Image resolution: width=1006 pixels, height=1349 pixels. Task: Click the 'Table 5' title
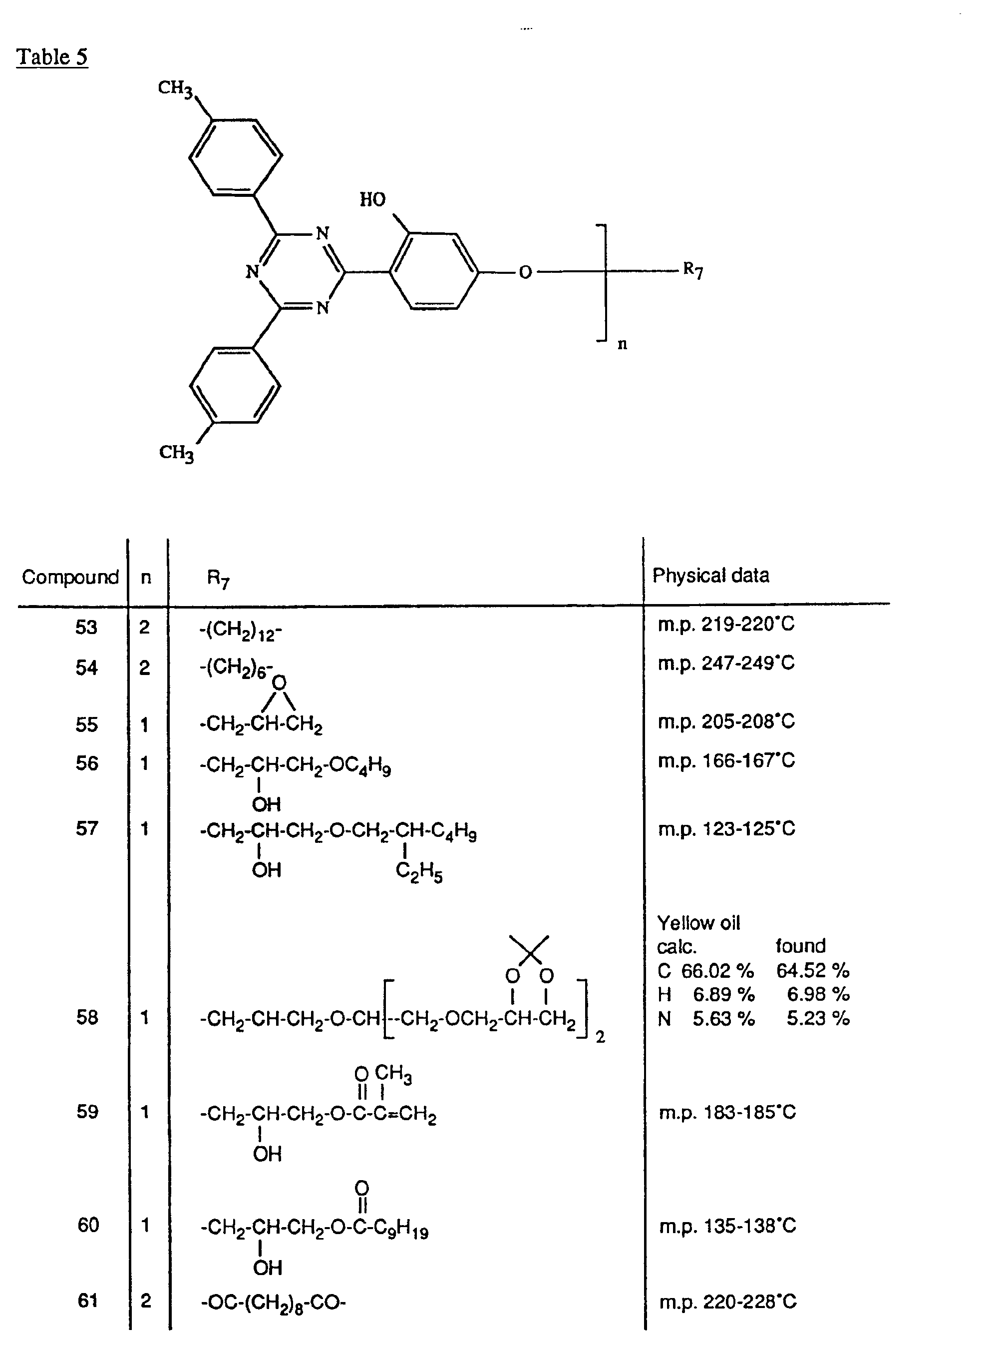coord(52,57)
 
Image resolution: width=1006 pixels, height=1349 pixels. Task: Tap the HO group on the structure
coord(372,200)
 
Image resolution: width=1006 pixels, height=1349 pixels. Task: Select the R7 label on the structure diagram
coord(692,269)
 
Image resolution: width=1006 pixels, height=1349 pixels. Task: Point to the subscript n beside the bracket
coord(622,344)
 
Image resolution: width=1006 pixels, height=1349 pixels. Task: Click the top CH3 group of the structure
coord(175,88)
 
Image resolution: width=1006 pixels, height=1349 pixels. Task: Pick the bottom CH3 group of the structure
coord(176,453)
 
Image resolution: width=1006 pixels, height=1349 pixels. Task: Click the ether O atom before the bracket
coord(525,272)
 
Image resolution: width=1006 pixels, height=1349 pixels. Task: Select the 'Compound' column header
coord(70,577)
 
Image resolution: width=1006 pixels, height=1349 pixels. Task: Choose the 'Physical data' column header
coord(710,575)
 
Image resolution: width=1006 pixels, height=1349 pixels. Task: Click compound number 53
coord(86,628)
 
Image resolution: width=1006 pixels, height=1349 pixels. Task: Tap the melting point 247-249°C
coord(726,663)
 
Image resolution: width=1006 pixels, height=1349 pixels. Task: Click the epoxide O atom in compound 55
coord(279,683)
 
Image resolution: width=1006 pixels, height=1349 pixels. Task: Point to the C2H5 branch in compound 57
coord(419,871)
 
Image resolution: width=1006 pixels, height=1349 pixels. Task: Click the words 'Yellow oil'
coord(698,923)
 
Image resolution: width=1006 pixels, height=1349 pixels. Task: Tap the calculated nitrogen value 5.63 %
coord(723,1018)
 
